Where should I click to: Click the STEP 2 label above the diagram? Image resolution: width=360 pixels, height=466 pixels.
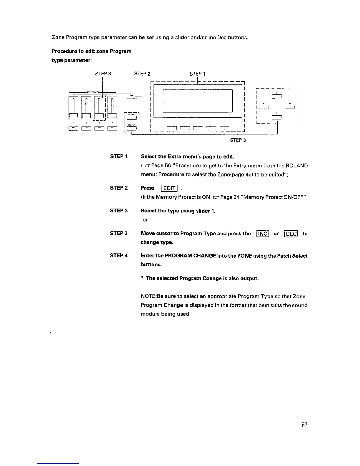[142, 74]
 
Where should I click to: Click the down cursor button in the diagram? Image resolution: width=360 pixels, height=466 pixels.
[277, 117]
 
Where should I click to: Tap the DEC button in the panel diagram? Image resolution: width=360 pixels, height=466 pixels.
[131, 128]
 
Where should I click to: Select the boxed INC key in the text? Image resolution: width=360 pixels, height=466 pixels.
[263, 234]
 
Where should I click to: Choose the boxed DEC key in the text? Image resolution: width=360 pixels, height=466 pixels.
[291, 234]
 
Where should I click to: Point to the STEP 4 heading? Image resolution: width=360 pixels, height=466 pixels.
[119, 256]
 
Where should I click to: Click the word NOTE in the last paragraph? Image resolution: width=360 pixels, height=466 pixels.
[147, 297]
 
